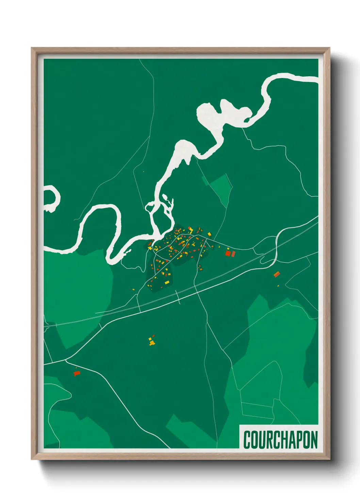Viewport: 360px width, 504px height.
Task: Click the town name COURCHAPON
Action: [280, 440]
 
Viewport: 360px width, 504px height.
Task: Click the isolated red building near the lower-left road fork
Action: [77, 374]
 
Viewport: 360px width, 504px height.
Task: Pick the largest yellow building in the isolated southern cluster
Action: [152, 343]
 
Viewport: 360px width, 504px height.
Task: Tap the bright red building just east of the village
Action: [228, 253]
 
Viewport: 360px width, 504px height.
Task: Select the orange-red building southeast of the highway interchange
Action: [277, 274]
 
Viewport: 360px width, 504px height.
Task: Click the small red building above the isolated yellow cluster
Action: [153, 336]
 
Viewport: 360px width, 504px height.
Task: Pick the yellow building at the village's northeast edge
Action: [209, 234]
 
